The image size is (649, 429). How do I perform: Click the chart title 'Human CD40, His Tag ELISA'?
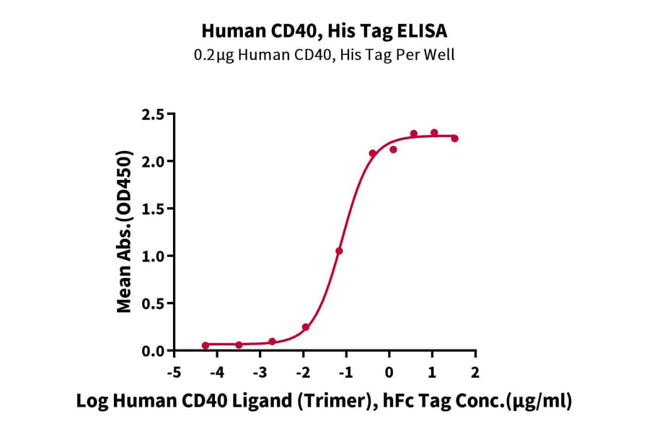point(324,31)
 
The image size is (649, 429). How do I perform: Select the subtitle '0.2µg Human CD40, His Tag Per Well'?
point(324,55)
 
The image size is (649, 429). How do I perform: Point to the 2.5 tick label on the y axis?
point(154,114)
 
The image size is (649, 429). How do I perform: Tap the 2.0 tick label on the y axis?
point(154,161)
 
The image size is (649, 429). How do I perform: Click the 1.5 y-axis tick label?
point(154,209)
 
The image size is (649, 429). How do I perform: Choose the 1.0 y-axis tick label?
point(154,256)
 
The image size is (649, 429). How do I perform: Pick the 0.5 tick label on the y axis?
point(154,303)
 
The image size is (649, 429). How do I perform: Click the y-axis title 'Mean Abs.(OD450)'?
point(125,232)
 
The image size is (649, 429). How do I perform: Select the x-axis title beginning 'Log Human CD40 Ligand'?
point(324,402)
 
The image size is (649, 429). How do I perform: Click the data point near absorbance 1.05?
point(339,251)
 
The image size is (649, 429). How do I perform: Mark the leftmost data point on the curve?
point(206,345)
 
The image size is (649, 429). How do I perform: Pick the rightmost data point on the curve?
point(454,138)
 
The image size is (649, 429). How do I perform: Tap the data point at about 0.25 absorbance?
point(306,327)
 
